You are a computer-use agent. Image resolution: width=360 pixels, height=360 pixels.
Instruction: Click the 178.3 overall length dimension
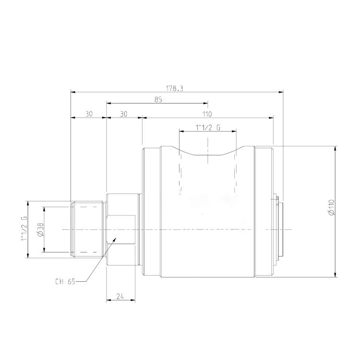pos(175,88)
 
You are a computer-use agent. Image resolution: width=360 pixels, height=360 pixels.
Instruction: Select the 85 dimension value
pos(158,100)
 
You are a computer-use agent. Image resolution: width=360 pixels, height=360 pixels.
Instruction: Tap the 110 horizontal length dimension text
pos(207,114)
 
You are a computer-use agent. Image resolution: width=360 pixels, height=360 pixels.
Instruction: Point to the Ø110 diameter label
pos(332,207)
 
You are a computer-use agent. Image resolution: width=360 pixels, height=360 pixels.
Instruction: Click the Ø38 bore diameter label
pos(40,229)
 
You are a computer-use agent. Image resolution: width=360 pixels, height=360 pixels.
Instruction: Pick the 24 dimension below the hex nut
pos(120,297)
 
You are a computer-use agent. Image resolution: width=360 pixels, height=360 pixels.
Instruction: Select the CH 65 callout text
pos(65,281)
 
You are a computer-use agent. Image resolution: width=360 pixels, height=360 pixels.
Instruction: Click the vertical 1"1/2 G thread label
pos(24,228)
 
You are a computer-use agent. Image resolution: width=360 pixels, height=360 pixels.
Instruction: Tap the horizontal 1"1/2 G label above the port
pos(207,127)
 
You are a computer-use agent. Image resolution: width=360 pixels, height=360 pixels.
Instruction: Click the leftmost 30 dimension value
pos(89,114)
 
